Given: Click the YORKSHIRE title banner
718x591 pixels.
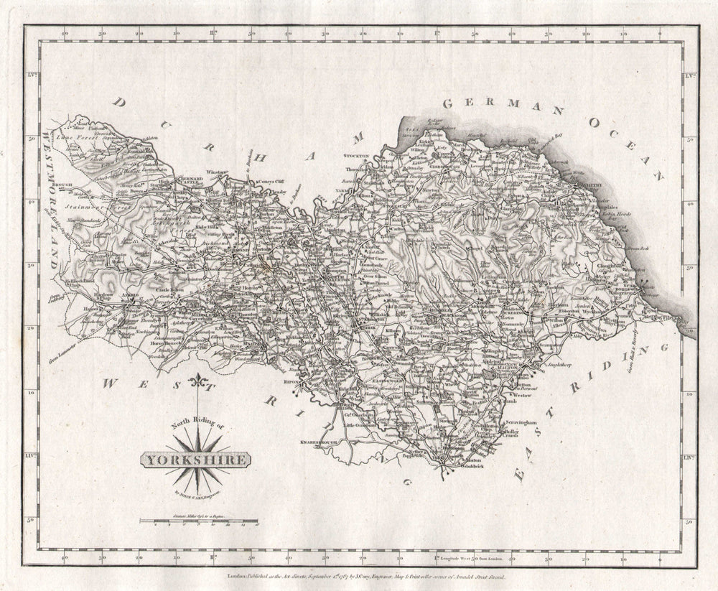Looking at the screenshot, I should (195, 460).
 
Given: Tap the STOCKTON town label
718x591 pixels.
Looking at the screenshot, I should (356, 156).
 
